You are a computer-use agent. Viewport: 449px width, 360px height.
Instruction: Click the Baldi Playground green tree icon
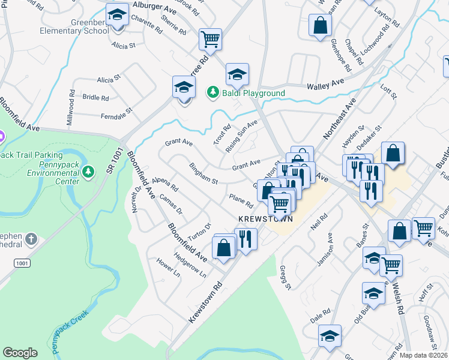[x=212, y=92]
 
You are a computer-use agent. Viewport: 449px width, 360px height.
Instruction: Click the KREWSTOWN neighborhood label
[x=265, y=218]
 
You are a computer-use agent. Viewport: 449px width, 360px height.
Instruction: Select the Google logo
[x=20, y=353]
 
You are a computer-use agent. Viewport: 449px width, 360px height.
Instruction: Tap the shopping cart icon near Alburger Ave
[x=210, y=40]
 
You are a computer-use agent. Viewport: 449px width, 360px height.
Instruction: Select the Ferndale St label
[x=116, y=115]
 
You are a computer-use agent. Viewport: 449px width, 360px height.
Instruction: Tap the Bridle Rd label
[x=96, y=97]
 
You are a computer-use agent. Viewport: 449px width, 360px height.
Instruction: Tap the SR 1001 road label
[x=113, y=161]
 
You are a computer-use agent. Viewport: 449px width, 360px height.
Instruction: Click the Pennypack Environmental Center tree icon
[x=88, y=172]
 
